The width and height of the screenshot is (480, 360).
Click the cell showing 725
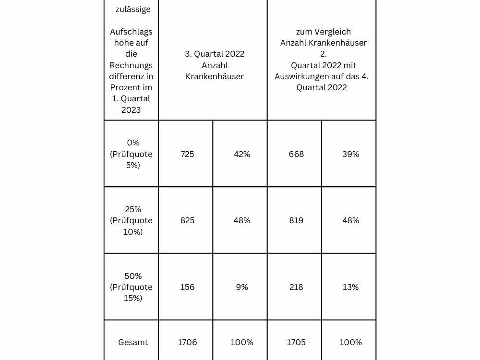(187, 154)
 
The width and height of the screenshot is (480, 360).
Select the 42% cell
(242, 154)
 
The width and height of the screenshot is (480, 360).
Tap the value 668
(296, 154)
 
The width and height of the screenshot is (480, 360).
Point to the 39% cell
(350, 154)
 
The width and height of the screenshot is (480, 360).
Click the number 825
(187, 220)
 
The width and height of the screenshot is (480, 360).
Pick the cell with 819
(296, 220)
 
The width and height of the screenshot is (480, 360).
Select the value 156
(187, 287)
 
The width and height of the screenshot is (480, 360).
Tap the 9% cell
(242, 287)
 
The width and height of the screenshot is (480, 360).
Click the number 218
(296, 287)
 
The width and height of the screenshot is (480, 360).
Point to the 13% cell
(350, 287)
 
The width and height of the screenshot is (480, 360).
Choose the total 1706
(187, 342)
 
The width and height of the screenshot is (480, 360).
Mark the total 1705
(296, 342)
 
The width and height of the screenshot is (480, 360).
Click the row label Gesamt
(133, 342)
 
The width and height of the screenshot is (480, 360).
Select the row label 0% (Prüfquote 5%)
(131, 154)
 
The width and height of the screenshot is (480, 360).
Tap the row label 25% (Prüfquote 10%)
(131, 220)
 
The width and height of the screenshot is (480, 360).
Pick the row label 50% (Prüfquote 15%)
(131, 287)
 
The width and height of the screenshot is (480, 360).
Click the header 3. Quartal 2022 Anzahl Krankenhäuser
(215, 65)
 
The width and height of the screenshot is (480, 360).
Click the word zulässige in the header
(133, 9)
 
